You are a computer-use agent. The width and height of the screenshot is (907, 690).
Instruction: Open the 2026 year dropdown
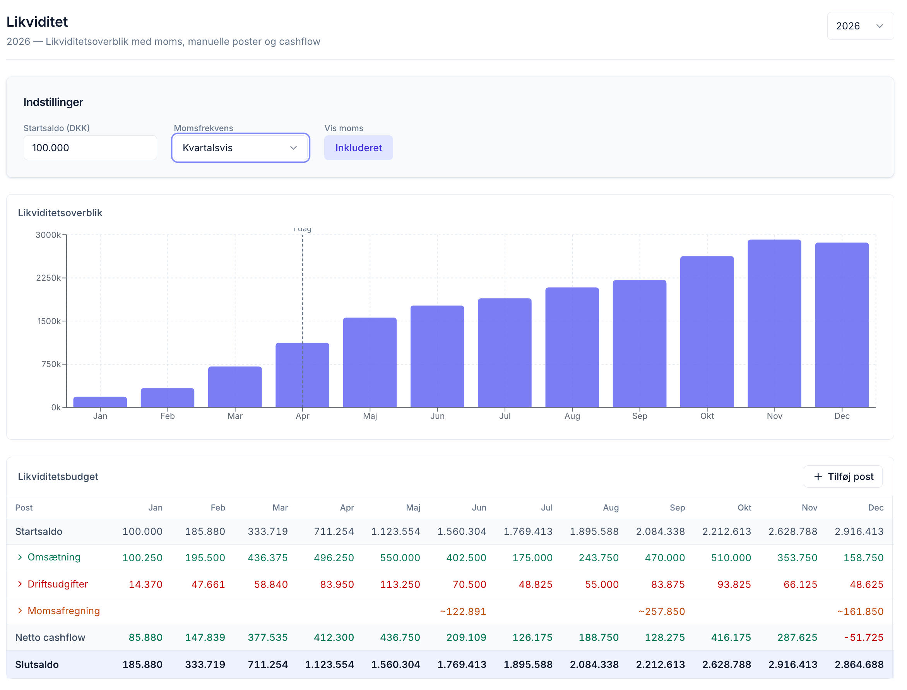(860, 26)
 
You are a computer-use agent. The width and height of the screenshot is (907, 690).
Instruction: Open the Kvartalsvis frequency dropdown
(240, 148)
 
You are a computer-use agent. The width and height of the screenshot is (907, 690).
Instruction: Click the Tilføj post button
(843, 477)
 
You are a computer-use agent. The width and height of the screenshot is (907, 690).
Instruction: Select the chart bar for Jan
(100, 402)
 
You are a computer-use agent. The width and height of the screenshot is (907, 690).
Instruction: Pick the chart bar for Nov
(774, 324)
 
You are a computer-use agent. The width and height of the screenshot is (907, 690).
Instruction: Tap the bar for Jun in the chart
(437, 357)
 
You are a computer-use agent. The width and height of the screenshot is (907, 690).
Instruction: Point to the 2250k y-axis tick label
(48, 278)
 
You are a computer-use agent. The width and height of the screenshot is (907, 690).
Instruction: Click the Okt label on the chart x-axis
(707, 416)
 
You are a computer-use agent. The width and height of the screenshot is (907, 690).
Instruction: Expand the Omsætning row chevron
(20, 557)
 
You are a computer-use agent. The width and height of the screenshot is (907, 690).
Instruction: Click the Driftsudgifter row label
(58, 584)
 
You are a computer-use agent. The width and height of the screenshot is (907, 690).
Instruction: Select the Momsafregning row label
(64, 611)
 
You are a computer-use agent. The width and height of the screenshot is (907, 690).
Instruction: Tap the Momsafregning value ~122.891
(463, 611)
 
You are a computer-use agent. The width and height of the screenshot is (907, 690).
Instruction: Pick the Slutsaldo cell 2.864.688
(859, 664)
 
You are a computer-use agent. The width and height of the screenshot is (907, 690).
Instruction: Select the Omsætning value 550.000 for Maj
(400, 558)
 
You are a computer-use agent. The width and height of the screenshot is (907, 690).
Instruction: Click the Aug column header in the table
(611, 508)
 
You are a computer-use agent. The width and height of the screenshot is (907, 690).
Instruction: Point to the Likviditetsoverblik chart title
(60, 213)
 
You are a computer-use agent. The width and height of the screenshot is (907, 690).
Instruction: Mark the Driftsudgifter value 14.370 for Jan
(146, 584)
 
